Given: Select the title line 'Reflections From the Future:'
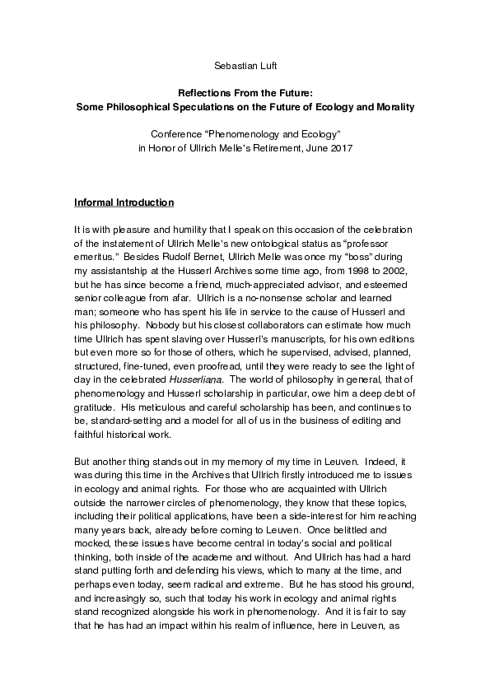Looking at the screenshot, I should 245,95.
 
